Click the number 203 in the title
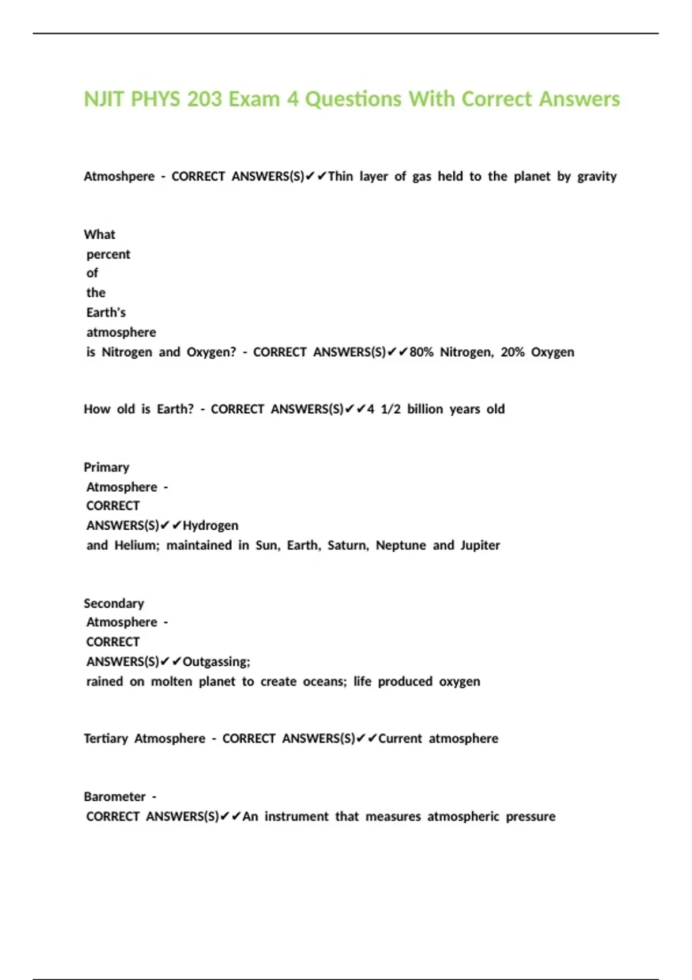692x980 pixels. (204, 99)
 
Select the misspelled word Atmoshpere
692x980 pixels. (119, 176)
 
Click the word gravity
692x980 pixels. (597, 176)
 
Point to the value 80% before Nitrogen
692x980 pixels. (422, 352)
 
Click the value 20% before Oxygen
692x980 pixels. (513, 352)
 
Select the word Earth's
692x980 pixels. (106, 312)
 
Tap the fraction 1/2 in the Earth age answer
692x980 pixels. (390, 409)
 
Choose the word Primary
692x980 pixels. (107, 468)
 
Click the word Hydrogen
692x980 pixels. (210, 526)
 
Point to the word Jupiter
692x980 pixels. (480, 545)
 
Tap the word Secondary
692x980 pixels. (114, 604)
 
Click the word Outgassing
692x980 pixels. (216, 662)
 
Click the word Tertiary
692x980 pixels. (106, 739)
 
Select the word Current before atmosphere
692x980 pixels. (400, 739)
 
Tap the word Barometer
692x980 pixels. (115, 797)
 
